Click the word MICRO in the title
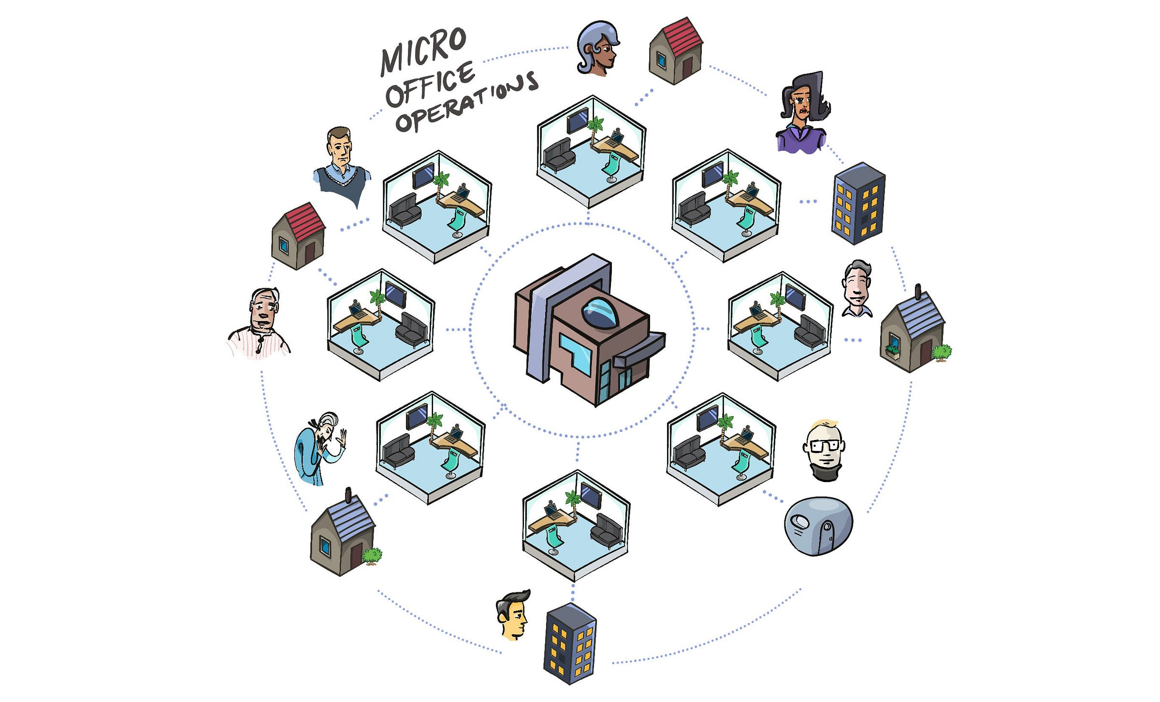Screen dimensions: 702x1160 click(x=423, y=51)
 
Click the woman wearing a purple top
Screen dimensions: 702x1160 click(x=802, y=114)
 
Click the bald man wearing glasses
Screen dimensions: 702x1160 click(x=825, y=450)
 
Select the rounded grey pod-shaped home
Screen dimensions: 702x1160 click(x=818, y=526)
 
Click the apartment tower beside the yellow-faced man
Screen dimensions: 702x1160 click(x=570, y=643)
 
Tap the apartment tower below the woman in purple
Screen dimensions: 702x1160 click(x=858, y=203)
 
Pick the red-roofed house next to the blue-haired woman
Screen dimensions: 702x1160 click(x=675, y=51)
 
